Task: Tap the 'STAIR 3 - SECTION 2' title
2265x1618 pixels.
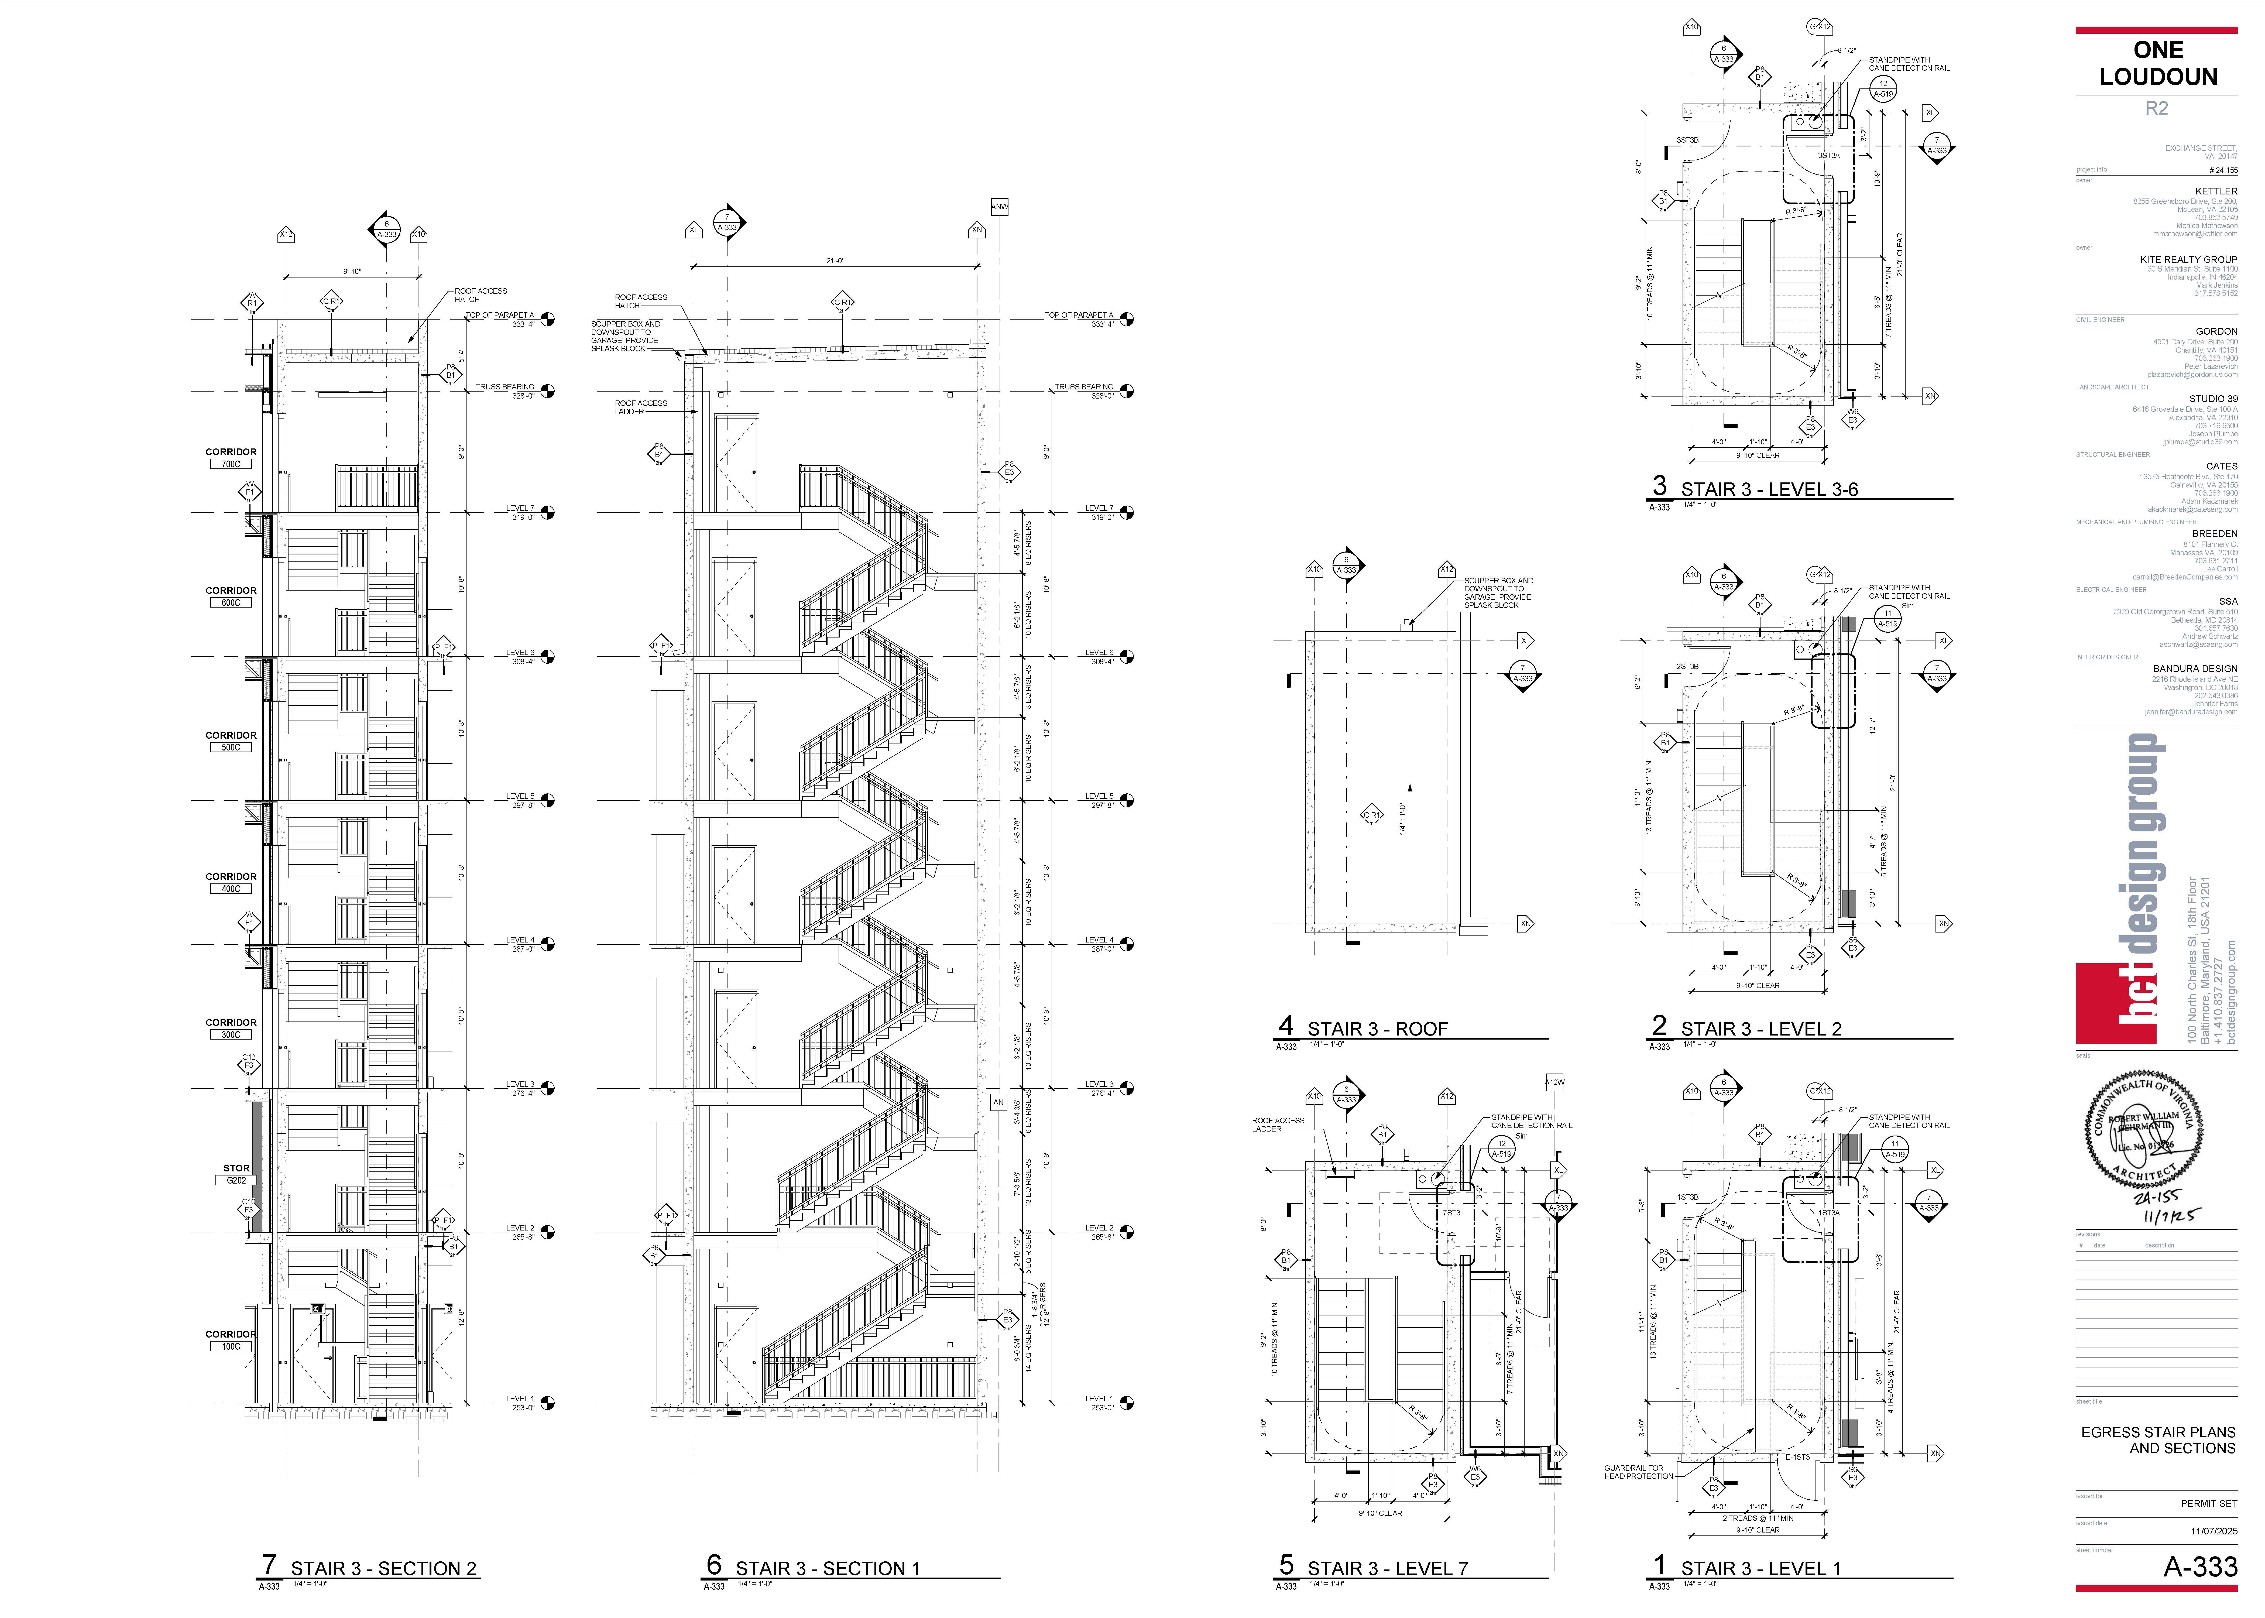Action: (x=383, y=1568)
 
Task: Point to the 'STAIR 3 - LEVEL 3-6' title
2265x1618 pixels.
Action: (x=1769, y=489)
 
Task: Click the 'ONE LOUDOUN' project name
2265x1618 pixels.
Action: (x=2157, y=63)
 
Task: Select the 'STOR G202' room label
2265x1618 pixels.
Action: (x=236, y=1174)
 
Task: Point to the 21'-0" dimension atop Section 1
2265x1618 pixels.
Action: (x=835, y=261)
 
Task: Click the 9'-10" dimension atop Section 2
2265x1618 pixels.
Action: (x=353, y=271)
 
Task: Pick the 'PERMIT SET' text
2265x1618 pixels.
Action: (x=2208, y=1503)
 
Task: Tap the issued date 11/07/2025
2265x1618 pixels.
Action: (x=2213, y=1531)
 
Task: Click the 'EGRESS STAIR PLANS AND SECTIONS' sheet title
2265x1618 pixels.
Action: (x=2157, y=1440)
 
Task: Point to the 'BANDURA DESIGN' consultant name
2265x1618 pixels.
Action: (x=2194, y=669)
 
